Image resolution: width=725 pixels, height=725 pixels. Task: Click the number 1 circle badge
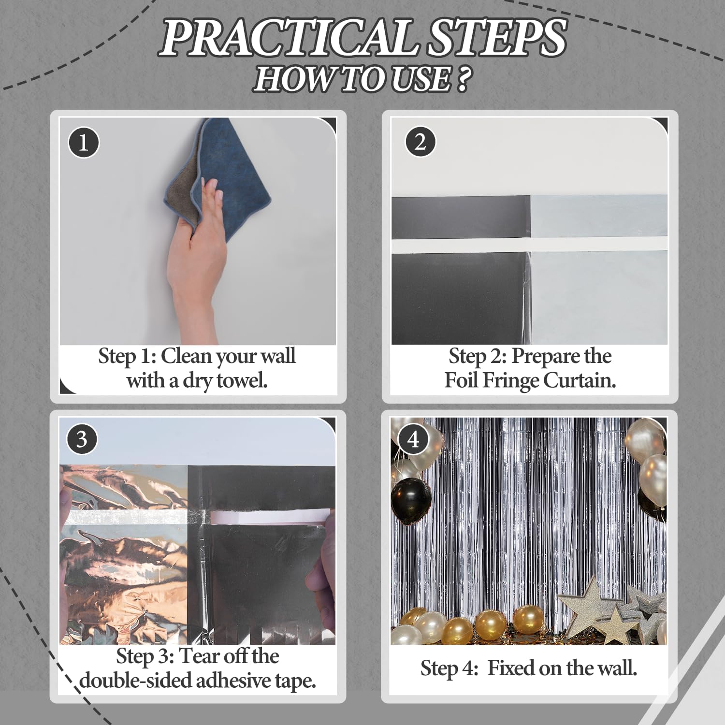[x=83, y=143]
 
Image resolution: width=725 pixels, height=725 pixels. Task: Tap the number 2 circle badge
[x=420, y=142]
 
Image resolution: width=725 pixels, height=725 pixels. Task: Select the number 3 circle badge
[x=82, y=439]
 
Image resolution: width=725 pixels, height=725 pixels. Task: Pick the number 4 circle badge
[x=413, y=439]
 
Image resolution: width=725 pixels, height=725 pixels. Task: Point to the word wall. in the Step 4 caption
[x=617, y=668]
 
